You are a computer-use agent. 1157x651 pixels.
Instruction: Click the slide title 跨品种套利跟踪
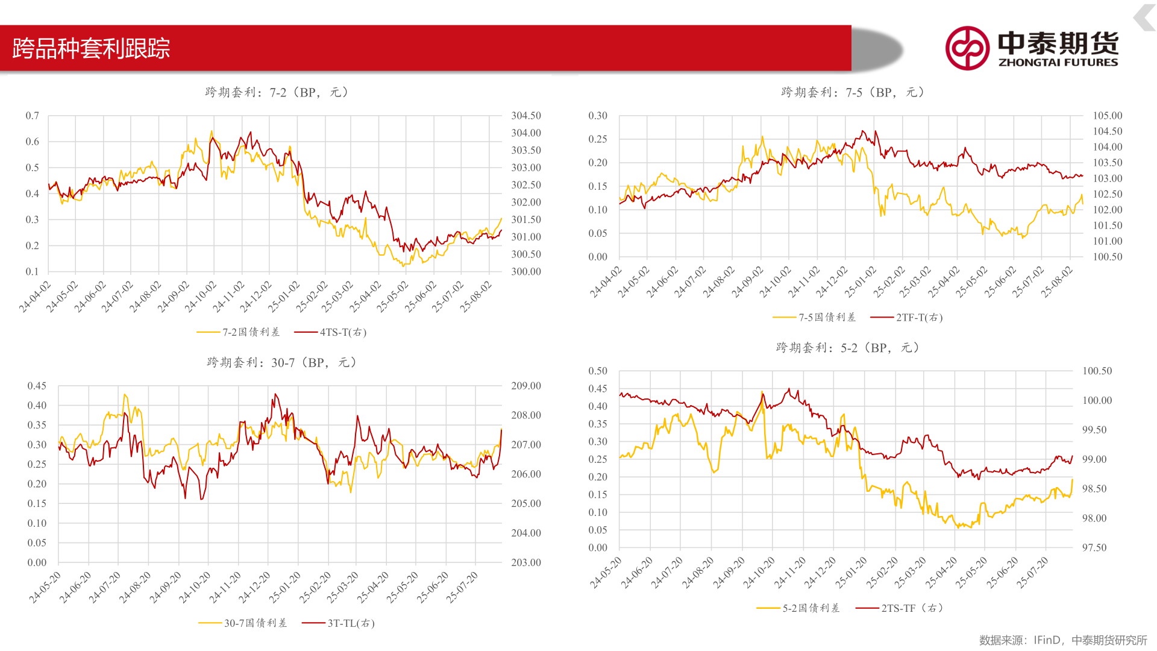point(91,49)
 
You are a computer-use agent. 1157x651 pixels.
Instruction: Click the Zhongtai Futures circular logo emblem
point(967,48)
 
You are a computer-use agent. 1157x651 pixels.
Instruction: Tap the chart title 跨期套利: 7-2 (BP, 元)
point(277,92)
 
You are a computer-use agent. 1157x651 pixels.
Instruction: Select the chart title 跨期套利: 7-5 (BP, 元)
point(853,92)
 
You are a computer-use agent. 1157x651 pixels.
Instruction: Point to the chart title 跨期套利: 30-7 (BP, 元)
point(281,362)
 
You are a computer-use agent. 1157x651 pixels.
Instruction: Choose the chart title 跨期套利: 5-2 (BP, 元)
point(847,348)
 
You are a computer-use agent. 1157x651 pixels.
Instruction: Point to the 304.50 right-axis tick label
point(526,116)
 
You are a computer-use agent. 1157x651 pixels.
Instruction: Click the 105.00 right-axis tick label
point(1108,116)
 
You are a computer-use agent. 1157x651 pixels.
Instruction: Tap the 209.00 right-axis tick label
point(526,386)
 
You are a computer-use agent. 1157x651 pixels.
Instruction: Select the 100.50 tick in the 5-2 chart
point(1097,371)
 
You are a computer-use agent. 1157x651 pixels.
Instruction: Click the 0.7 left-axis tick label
point(32,116)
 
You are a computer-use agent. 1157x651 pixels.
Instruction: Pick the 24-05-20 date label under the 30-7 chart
point(45,587)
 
